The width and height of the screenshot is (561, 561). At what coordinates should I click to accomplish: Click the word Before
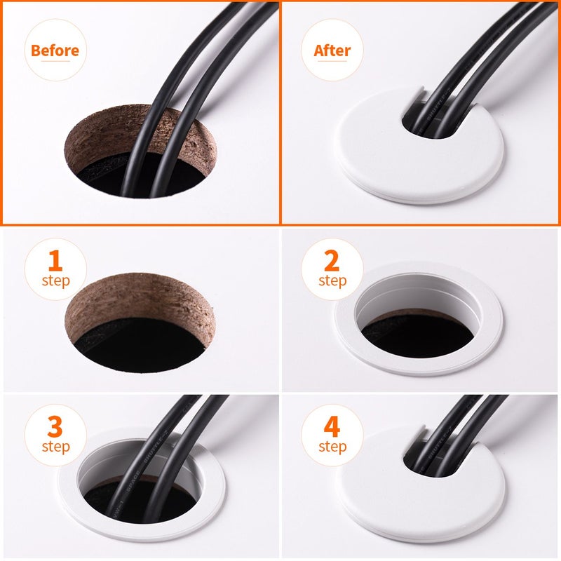(x=55, y=50)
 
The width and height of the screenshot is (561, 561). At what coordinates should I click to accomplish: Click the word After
(x=332, y=50)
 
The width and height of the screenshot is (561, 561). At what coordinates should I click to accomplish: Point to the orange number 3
(x=55, y=426)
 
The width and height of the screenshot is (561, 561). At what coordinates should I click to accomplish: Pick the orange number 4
(x=332, y=426)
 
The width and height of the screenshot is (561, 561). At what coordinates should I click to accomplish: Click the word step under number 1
(x=55, y=281)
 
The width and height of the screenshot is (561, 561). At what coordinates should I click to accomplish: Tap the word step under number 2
(x=332, y=281)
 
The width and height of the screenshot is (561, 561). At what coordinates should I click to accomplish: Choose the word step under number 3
(x=55, y=447)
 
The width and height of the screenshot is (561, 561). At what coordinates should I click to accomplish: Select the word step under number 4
(x=332, y=447)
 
